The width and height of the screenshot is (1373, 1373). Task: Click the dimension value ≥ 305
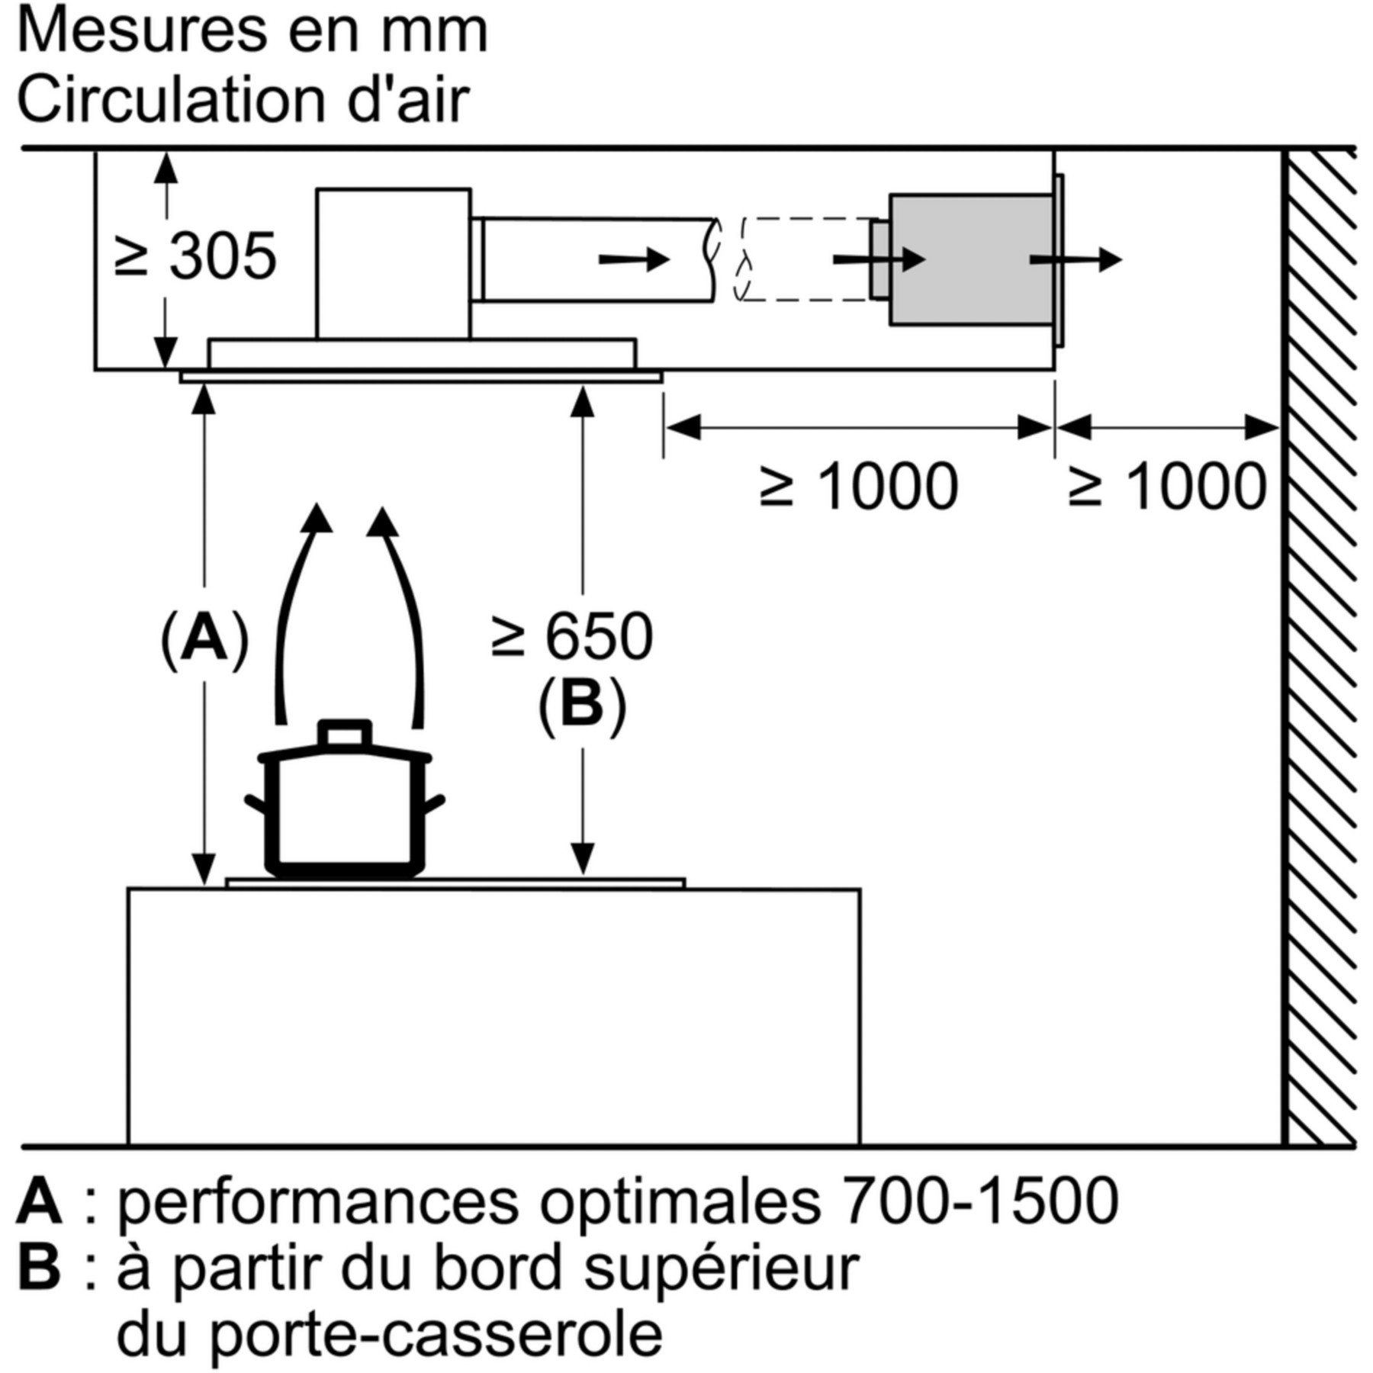coord(195,256)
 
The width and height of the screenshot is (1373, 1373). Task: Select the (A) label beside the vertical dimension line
coord(204,638)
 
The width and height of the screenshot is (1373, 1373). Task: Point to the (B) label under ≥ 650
coord(582,705)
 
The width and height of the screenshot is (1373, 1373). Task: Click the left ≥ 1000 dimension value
coord(859,486)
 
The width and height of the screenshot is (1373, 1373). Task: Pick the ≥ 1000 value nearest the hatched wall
coord(1167,486)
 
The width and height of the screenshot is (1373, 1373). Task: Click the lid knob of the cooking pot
coord(346,734)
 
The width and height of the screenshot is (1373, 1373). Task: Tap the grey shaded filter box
coord(971,259)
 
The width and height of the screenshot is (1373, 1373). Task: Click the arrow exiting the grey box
coord(1076,260)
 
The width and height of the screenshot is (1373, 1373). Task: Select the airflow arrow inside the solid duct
coord(634,260)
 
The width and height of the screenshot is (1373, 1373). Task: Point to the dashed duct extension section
coord(805,259)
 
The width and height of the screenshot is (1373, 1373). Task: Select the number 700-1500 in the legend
coord(981,1201)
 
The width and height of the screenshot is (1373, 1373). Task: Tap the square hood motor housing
coord(394,264)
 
